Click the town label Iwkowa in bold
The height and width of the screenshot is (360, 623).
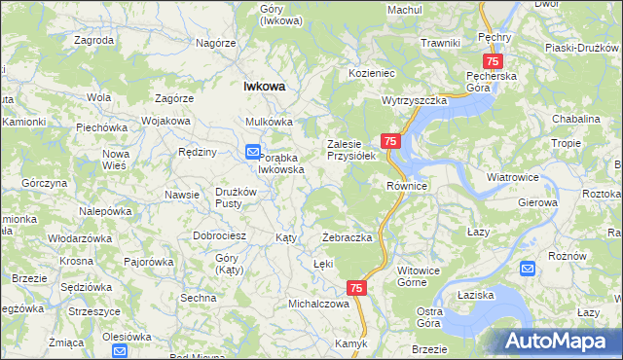264,87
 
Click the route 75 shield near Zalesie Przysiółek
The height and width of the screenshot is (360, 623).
390,142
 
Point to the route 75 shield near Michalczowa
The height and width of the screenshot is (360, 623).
356,288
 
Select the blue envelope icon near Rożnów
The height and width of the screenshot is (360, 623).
528,269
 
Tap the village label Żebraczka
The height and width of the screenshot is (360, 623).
348,238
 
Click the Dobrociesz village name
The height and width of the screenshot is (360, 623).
219,236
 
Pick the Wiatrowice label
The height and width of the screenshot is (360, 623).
513,178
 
